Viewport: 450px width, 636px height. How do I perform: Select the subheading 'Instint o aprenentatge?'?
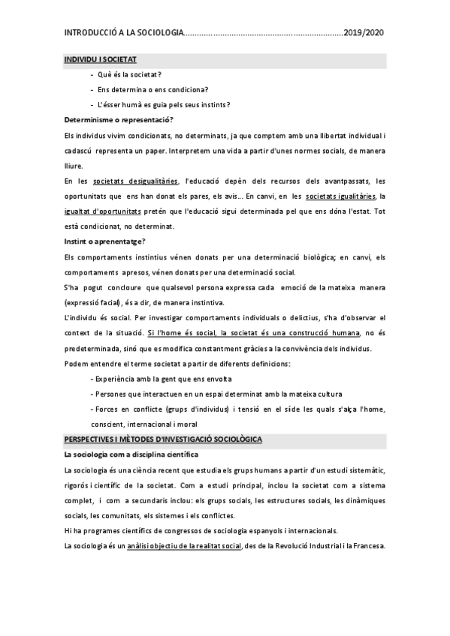105,241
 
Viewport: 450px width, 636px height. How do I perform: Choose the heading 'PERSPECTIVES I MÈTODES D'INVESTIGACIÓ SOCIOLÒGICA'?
163,439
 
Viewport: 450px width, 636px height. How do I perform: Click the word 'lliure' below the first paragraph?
74,166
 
